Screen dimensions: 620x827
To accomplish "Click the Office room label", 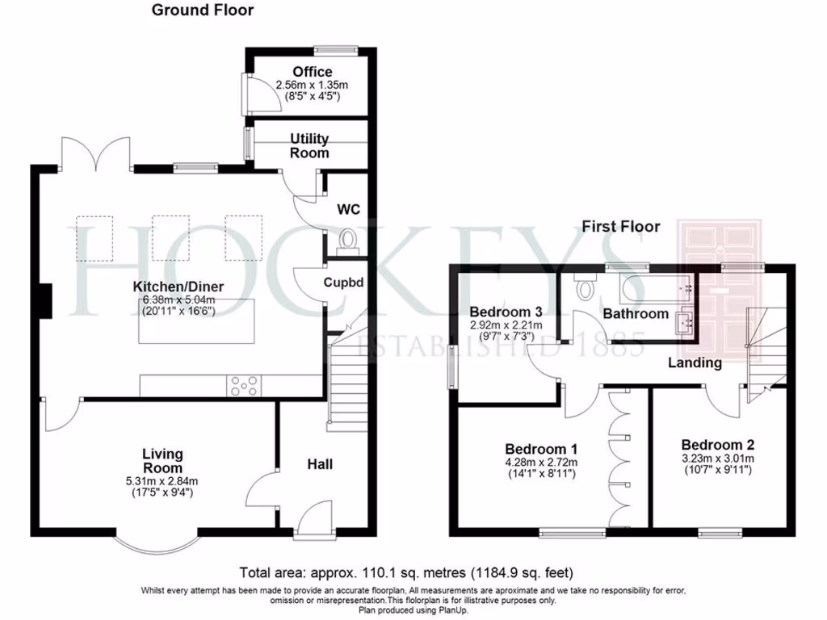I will (312, 72).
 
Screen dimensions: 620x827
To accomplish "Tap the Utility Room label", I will (310, 146).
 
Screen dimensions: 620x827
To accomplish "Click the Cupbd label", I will (345, 283).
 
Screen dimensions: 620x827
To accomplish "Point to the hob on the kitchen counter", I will (244, 387).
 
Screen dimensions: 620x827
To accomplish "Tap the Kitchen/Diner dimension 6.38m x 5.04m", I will (179, 300).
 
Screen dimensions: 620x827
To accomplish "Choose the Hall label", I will (320, 464).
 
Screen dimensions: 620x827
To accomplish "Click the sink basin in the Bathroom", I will (685, 322).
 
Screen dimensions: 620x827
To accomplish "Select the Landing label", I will (695, 362).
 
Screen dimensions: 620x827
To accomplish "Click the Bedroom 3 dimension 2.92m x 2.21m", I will (506, 325).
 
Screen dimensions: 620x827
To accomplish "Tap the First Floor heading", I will (620, 227).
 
